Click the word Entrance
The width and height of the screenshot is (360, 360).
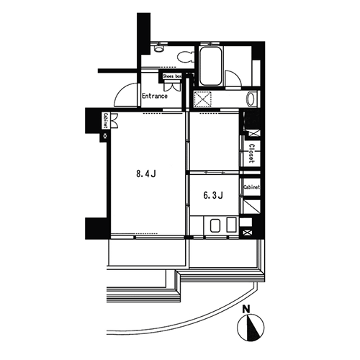[x=155, y=96]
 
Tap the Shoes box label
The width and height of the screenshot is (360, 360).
[x=172, y=76]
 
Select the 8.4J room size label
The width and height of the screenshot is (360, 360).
[x=146, y=174]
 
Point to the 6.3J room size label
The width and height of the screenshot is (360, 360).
[x=213, y=195]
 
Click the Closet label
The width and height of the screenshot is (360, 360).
[x=251, y=153]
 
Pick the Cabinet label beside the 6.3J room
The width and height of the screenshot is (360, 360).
[x=252, y=187]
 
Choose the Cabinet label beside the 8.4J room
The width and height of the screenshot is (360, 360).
[x=105, y=120]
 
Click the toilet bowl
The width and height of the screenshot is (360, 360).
[x=186, y=57]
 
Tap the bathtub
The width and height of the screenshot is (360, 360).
[x=210, y=66]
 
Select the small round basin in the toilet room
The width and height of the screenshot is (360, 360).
[x=158, y=49]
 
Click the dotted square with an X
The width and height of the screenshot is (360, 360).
[x=203, y=99]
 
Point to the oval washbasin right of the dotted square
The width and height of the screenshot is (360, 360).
[x=251, y=99]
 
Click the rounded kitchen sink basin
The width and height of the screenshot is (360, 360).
[x=215, y=226]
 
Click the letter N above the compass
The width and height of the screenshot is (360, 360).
[x=246, y=310]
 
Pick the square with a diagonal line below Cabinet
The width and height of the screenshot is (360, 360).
[x=251, y=207]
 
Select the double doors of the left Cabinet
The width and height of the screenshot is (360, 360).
[x=114, y=120]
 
